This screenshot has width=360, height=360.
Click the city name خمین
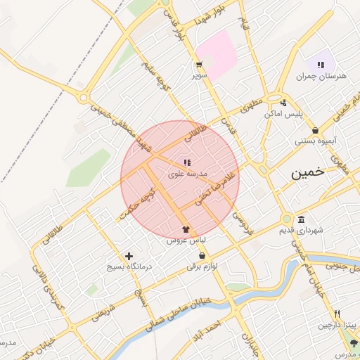click(x=309, y=174)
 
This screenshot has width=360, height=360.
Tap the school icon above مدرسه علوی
click(x=187, y=162)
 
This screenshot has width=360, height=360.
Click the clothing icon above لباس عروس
click(x=186, y=229)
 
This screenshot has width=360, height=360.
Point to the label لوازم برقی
click(x=204, y=266)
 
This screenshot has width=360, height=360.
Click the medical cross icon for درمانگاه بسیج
click(x=128, y=257)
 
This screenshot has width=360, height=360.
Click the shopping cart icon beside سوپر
click(x=200, y=65)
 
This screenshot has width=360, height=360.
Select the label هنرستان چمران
click(x=323, y=76)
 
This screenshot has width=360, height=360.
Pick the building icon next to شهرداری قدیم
click(x=301, y=219)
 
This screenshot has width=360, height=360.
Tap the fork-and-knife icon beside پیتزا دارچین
click(x=337, y=314)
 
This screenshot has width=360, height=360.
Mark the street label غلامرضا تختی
click(x=214, y=186)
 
